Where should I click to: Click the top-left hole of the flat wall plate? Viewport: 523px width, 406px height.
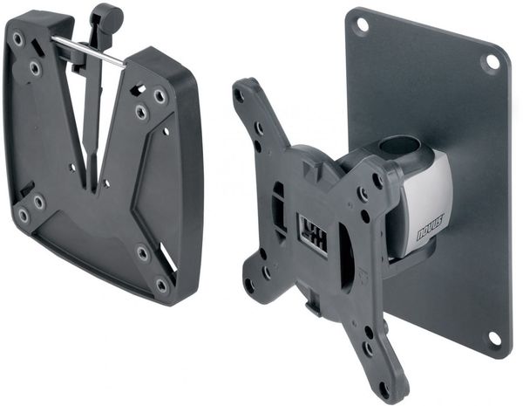coord(362,24)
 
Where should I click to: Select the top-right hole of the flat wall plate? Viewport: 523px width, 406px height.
coord(492,62)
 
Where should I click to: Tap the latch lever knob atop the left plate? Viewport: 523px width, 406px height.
coord(108,15)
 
